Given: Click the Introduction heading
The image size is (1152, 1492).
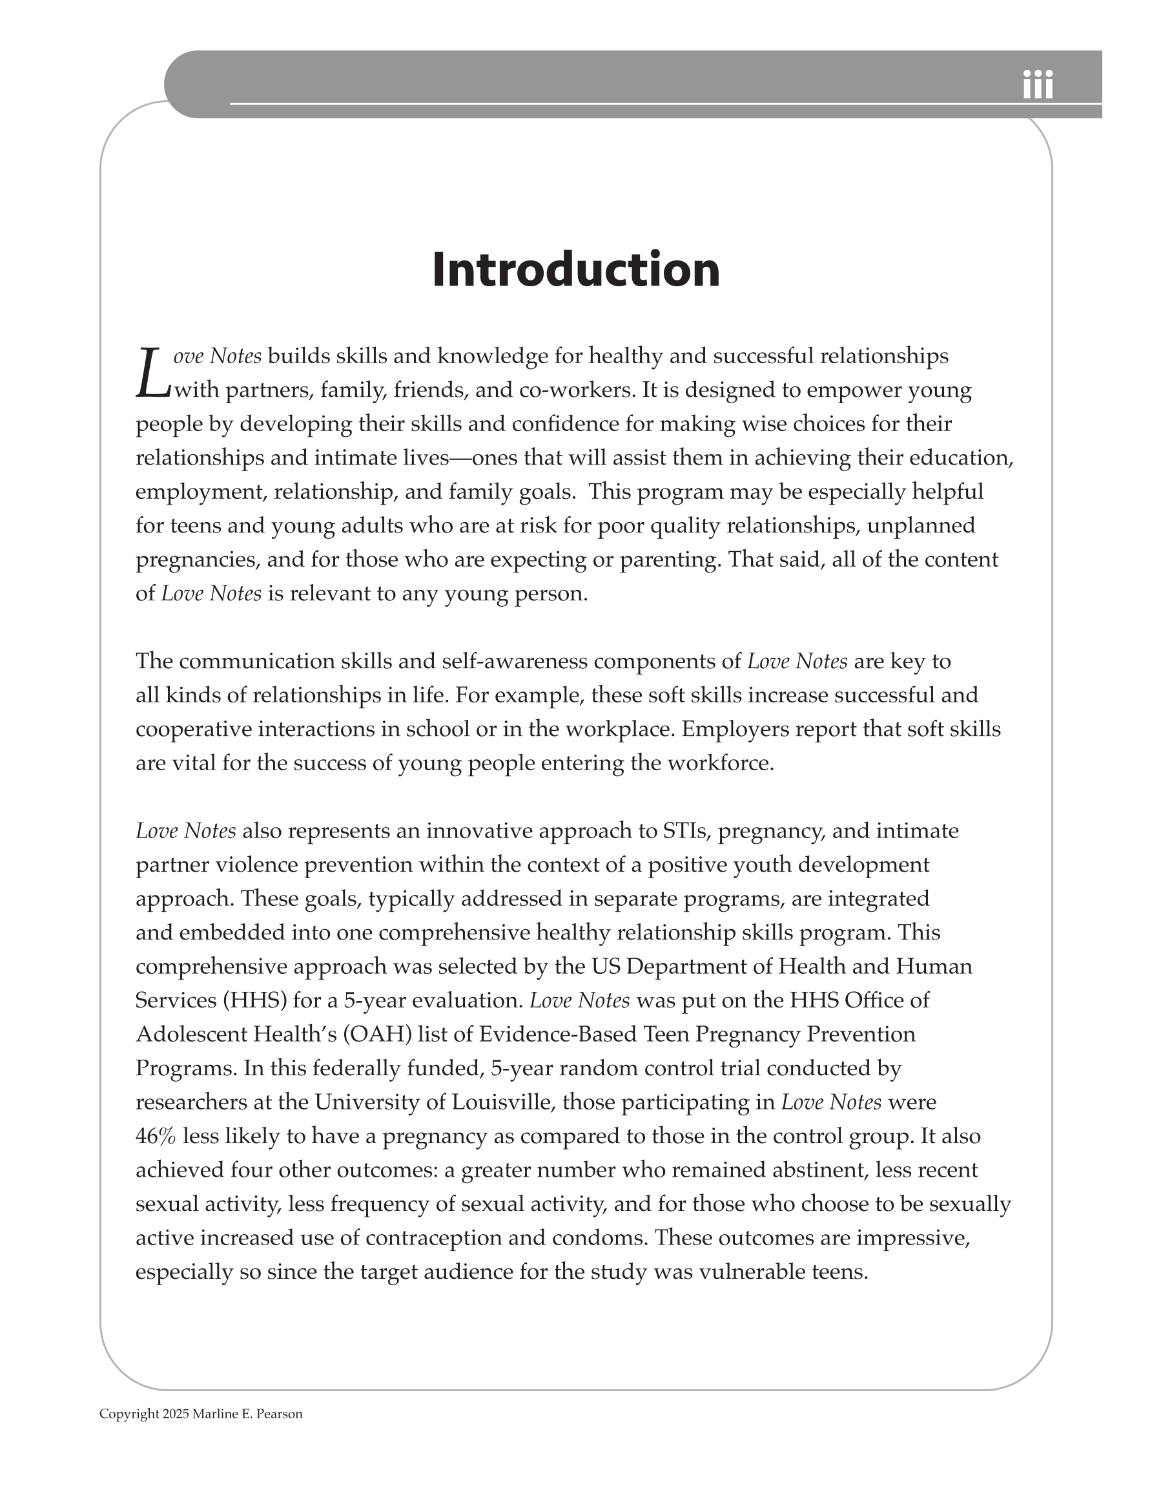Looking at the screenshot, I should coord(575,270).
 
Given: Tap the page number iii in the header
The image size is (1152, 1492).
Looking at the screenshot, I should coord(1037,86).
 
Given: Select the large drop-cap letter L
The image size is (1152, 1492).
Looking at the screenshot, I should coord(153,374).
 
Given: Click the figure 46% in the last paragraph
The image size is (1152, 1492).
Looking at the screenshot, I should coord(156,1136).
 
